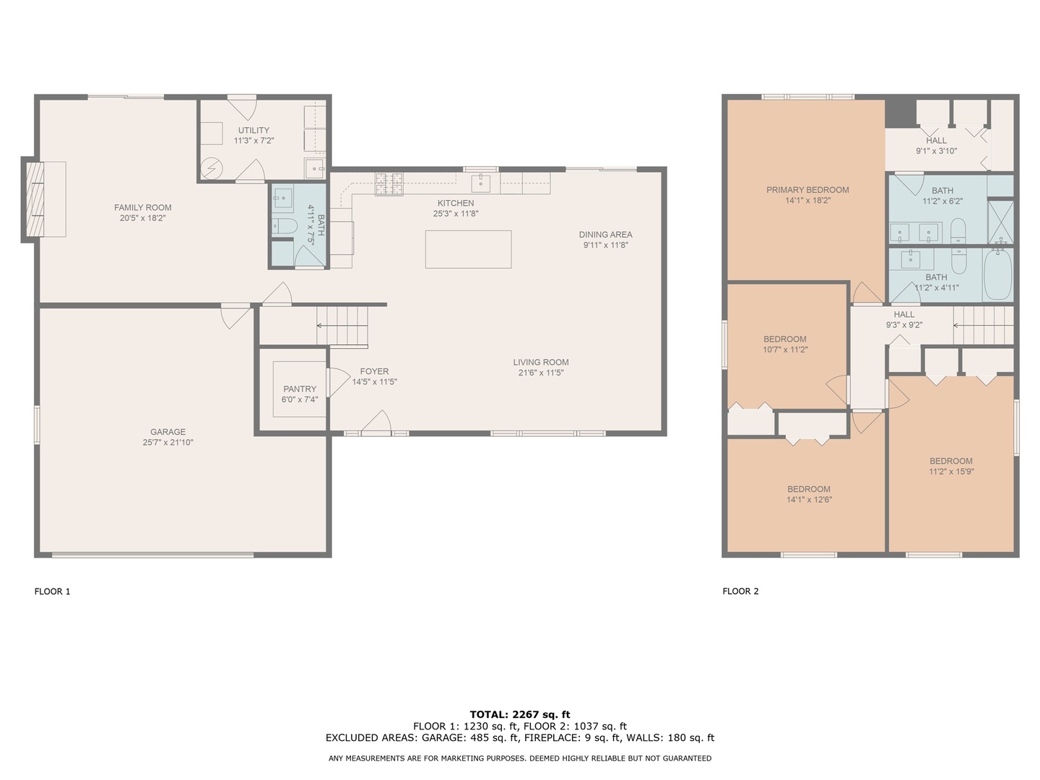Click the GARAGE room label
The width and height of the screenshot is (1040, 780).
[168, 432]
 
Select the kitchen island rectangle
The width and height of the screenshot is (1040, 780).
[468, 249]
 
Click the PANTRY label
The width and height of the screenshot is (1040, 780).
[300, 389]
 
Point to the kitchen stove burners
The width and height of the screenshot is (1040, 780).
[389, 184]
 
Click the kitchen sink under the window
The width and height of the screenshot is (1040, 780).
[481, 183]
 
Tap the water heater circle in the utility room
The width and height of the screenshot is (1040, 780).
[211, 169]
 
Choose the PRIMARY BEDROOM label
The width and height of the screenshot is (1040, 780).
[807, 190]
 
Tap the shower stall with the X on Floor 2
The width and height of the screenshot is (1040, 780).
[1000, 222]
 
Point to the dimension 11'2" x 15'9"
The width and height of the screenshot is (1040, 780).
[951, 472]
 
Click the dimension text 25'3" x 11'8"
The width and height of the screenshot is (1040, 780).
[456, 214]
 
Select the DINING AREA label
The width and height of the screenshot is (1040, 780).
[605, 235]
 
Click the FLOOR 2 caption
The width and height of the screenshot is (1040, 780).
[740, 591]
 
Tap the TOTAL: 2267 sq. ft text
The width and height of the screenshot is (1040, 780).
[520, 715]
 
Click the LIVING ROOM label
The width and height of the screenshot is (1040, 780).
[541, 363]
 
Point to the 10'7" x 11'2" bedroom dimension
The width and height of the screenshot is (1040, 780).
[785, 350]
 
